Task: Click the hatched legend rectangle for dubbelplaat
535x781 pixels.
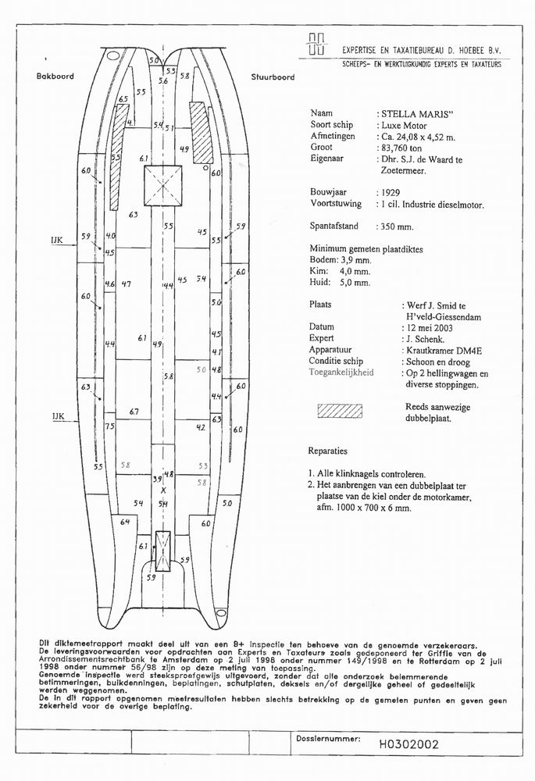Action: pos(339,412)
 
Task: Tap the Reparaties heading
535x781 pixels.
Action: pos(328,451)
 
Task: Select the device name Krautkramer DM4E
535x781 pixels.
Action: pos(444,351)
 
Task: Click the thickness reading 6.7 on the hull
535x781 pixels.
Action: pos(134,412)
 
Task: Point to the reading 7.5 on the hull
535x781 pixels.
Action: pos(110,426)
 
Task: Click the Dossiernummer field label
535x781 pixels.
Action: pos(328,737)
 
